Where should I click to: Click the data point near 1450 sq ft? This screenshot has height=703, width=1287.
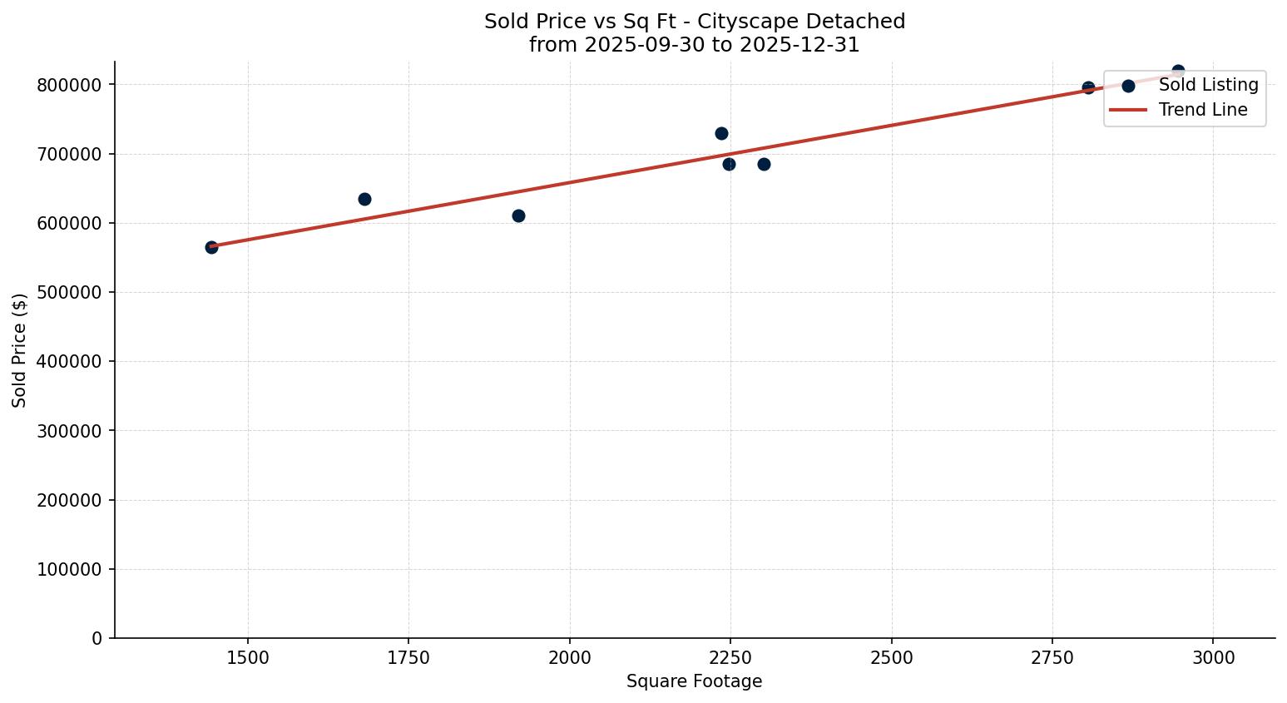click(211, 247)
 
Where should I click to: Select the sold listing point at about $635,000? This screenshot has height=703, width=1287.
click(364, 199)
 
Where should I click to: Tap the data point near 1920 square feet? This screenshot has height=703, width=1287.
click(518, 215)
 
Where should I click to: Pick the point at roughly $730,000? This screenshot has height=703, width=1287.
click(721, 133)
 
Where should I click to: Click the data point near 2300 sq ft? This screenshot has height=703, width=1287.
click(764, 164)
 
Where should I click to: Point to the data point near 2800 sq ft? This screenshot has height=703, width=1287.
click(1088, 87)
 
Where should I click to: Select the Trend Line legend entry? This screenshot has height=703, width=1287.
click(1202, 110)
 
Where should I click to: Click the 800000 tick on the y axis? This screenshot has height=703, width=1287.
click(74, 85)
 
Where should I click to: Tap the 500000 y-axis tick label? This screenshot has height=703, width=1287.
click(74, 293)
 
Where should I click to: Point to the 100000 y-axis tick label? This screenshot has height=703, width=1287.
click(74, 570)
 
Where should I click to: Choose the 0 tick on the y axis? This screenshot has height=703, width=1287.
click(97, 639)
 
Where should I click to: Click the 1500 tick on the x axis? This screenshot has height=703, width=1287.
click(248, 657)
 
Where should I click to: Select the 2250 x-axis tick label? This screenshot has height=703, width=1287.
click(730, 657)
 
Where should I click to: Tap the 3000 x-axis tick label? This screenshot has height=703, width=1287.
click(1213, 657)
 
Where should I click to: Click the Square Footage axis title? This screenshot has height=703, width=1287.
click(694, 682)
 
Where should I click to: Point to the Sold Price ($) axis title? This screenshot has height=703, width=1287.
click(20, 350)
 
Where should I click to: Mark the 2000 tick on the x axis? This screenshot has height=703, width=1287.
click(570, 657)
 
